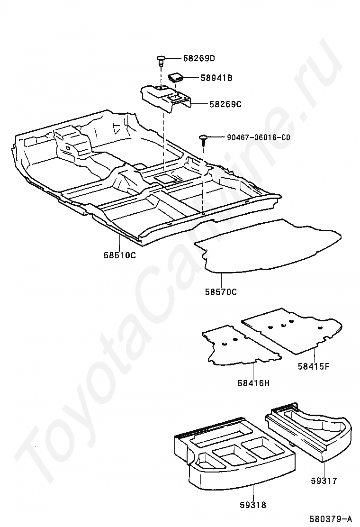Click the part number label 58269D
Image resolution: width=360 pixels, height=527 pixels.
(x=199, y=59)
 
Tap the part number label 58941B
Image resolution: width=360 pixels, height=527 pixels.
(x=216, y=78)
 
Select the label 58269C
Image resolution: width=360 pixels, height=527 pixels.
(x=225, y=103)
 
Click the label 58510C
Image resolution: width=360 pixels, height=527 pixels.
(x=120, y=255)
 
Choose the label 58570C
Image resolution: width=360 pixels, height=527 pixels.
(x=221, y=292)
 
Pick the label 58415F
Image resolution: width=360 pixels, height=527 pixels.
(x=314, y=365)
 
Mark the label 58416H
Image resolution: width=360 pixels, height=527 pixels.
(x=253, y=382)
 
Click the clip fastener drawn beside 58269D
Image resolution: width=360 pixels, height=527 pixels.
(x=161, y=60)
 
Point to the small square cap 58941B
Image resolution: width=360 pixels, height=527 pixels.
(x=176, y=77)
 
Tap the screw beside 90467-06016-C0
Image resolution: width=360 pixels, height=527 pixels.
(x=203, y=139)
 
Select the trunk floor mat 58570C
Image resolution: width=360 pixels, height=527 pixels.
(x=270, y=246)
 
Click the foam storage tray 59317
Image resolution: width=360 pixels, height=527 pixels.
(x=313, y=431)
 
